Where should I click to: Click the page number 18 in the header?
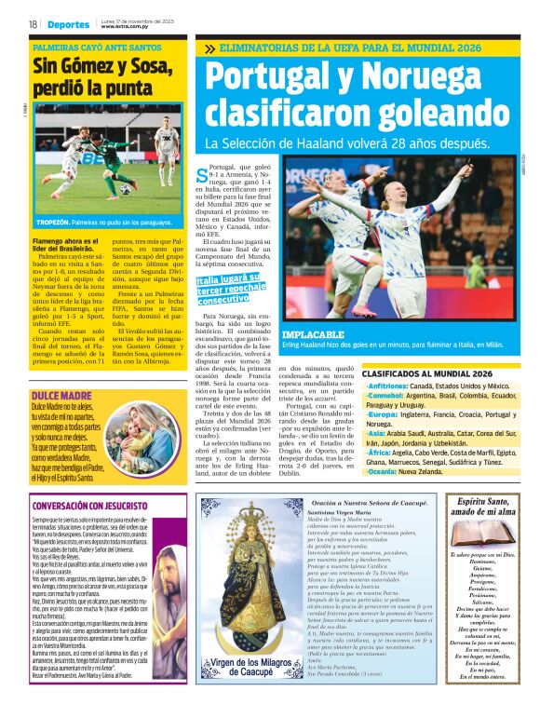(x=33, y=24)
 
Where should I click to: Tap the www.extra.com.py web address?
(x=126, y=27)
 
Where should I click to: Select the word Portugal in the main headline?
(x=280, y=79)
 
